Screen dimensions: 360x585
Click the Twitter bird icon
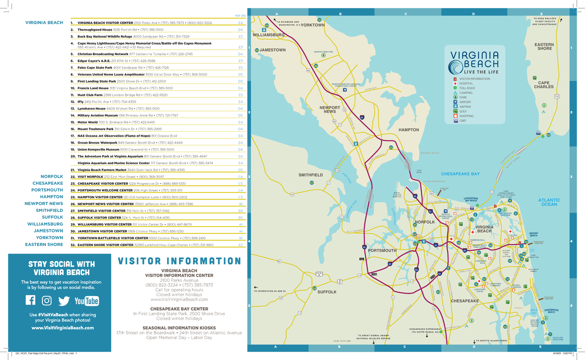coord(63,301)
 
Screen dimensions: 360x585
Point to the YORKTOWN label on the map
coord(312,25)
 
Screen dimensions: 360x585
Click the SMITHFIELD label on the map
coord(311,174)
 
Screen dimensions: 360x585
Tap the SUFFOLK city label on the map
coord(327,292)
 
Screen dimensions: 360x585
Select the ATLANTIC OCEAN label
coord(549,202)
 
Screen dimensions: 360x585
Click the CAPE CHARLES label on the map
coord(543,85)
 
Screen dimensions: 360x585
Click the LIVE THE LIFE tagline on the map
coord(474,72)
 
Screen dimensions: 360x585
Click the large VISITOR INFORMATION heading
coord(179,261)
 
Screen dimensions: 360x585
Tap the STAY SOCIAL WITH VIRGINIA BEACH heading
coord(61,268)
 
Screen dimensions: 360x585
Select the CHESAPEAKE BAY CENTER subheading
coord(179,309)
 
